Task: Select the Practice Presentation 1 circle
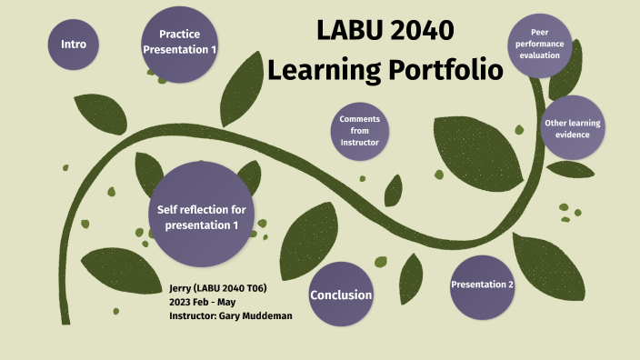tap(179, 42)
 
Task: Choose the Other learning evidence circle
tap(574, 128)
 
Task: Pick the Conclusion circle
tap(341, 295)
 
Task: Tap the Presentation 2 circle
tap(483, 285)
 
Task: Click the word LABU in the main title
tap(345, 30)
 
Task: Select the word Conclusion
tap(341, 295)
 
